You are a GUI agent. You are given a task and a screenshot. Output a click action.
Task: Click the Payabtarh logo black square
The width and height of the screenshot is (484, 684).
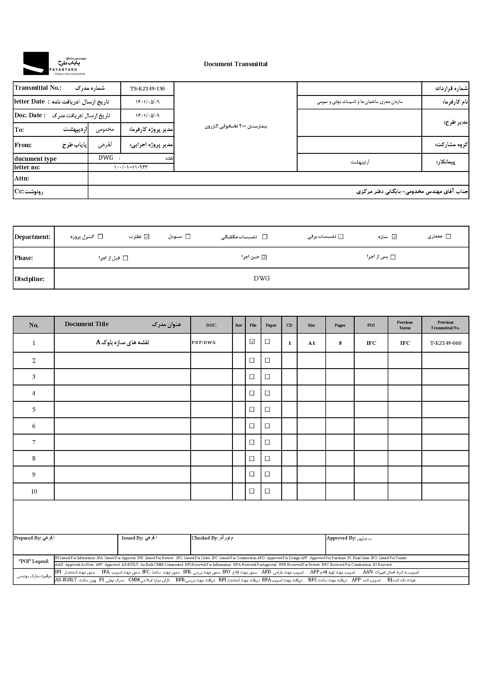coord(36,63)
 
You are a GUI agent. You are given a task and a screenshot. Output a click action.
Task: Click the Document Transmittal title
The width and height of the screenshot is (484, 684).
coord(236,64)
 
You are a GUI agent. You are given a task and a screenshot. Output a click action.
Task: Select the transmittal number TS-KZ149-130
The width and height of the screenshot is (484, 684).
coord(147,89)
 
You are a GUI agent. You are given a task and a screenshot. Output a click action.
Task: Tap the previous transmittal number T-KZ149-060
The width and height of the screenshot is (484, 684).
coord(445,343)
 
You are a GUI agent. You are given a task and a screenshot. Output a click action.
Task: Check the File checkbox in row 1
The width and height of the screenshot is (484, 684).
coord(252,342)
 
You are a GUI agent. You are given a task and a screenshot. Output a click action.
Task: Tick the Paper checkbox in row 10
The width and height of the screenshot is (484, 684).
coord(267,491)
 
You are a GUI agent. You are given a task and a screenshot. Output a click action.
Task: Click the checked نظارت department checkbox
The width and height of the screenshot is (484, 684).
coord(147,237)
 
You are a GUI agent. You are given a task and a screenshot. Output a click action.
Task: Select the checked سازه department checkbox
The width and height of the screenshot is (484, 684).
coord(394,237)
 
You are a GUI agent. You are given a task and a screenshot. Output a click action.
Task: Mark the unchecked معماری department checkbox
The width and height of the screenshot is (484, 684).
coord(448,237)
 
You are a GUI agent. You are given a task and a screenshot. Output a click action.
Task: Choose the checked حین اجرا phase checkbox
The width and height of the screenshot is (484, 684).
coord(264,257)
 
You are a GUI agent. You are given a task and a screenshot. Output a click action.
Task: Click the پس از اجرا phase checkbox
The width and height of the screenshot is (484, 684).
coord(393,257)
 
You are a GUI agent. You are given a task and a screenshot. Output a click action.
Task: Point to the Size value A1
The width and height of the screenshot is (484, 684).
coord(311,343)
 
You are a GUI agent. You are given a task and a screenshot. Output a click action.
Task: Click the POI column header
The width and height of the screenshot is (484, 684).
coord(371,325)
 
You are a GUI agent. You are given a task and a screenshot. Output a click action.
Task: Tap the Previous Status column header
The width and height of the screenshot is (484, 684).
coord(405,325)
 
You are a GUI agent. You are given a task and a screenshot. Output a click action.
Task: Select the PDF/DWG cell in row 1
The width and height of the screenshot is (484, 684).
coord(204,343)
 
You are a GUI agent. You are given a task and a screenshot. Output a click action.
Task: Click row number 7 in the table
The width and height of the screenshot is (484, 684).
coord(34,442)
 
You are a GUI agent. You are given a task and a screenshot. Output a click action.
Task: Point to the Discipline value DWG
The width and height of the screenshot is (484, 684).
coord(262,278)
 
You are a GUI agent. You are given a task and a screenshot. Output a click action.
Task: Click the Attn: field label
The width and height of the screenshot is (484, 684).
coord(22,178)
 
